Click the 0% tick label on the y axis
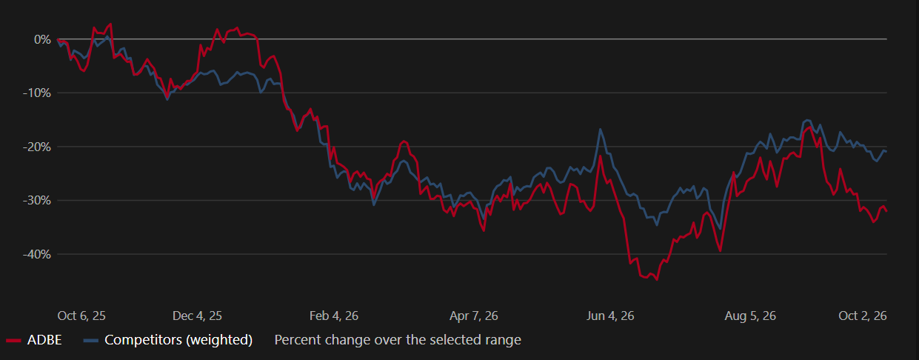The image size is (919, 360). [42, 39]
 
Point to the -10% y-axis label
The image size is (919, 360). [37, 93]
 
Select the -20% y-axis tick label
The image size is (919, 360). [37, 147]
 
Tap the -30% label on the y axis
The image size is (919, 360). [37, 201]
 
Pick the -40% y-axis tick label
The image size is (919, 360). [37, 255]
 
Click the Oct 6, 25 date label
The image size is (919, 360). [81, 316]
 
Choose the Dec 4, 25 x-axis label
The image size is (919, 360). [197, 316]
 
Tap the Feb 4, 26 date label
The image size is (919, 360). [333, 316]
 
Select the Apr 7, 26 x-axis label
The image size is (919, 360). [473, 316]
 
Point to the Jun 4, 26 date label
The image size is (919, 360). [610, 316]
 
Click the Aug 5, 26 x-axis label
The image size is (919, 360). [750, 316]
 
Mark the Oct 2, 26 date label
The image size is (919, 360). [863, 316]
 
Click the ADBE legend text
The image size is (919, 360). [44, 340]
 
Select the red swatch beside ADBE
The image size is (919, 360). [13, 340]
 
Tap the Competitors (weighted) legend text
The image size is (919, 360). [178, 340]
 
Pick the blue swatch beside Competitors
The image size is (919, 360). [90, 340]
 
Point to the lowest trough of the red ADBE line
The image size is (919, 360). [658, 280]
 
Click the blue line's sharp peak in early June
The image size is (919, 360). [601, 130]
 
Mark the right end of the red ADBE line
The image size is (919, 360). [886, 211]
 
